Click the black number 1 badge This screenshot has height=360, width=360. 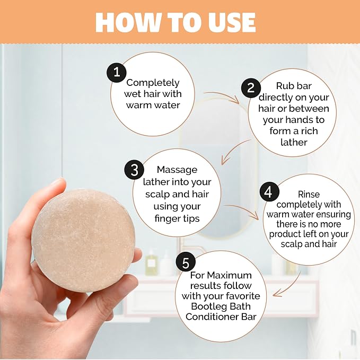pyautogui.click(x=117, y=72)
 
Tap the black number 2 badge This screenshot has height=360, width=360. pyautogui.click(x=251, y=87)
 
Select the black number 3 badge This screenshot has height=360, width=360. pyautogui.click(x=134, y=170)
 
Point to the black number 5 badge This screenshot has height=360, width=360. pyautogui.click(x=186, y=263)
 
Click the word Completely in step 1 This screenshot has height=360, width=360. pyautogui.click(x=153, y=83)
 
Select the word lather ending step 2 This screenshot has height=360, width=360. pyautogui.click(x=294, y=142)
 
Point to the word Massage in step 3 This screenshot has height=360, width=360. pyautogui.click(x=177, y=170)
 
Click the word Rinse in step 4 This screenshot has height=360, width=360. pyautogui.click(x=309, y=195)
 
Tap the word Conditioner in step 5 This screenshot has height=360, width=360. pyautogui.click(x=212, y=317)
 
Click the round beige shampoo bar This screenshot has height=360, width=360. pyautogui.click(x=83, y=240)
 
